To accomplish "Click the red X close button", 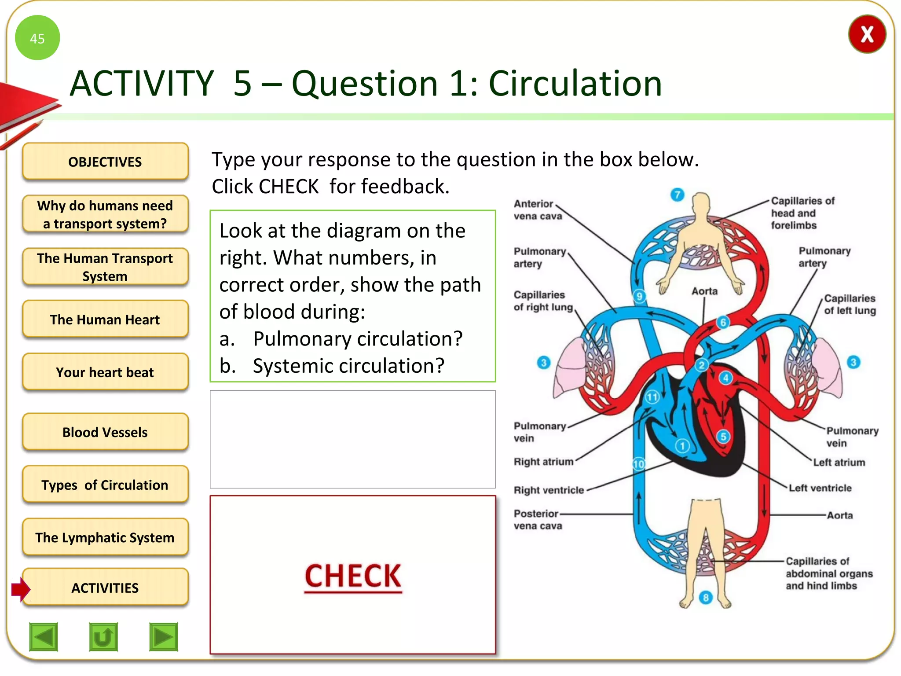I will pos(867,34).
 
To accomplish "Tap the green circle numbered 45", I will pos(37,38).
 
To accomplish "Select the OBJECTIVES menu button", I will pos(105,162).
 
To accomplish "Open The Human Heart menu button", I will pos(105,320).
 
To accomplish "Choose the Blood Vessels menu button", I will pos(105,432).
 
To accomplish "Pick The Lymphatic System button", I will pos(105,537).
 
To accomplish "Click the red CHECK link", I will pos(353,576).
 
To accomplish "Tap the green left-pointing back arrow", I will pos(44,636).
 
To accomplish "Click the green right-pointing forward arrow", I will pos(164,636).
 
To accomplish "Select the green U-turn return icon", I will pos(103,636).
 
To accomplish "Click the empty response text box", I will pos(353,439).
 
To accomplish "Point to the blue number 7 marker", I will pos(678,195).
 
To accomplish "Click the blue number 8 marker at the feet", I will pos(706,597).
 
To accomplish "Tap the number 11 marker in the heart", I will pos(652,397).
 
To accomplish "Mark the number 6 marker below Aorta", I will pos(723,322).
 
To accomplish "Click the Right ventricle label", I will pos(549,490).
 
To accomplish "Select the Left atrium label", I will pos(839,462).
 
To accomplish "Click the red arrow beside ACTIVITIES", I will pos(21,588).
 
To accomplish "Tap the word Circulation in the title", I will pos(575,83).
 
